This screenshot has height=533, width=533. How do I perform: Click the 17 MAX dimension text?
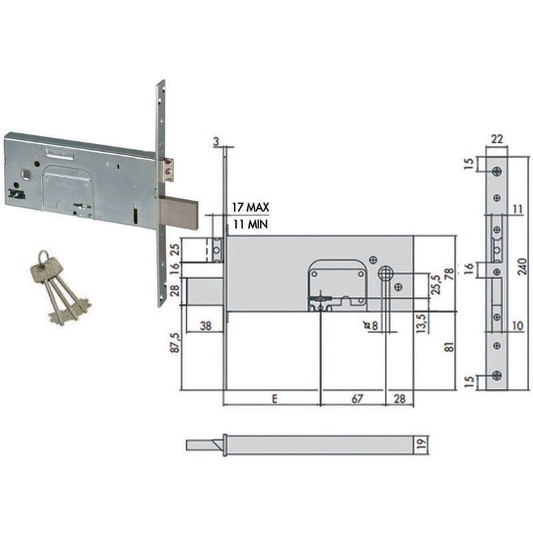[251, 207]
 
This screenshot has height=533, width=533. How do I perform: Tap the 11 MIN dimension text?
[251, 225]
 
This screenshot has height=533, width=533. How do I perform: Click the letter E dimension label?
[274, 398]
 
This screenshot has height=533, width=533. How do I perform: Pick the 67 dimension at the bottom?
[357, 398]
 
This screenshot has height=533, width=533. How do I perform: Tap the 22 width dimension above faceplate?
[496, 139]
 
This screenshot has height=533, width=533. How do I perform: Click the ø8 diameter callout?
[371, 326]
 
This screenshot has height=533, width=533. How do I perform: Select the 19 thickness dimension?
[422, 444]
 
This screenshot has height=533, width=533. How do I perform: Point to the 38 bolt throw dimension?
[206, 326]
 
